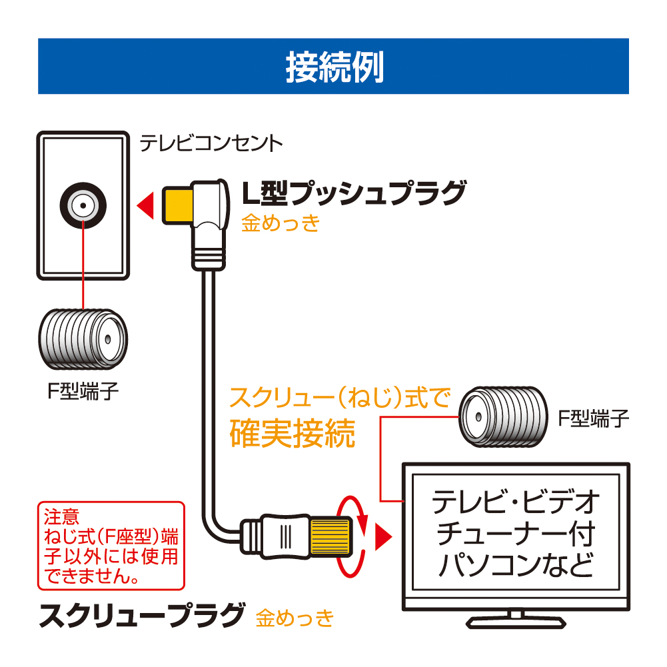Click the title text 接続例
point(334,67)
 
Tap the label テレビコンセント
point(211,143)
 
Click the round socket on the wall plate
point(82,206)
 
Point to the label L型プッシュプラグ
point(352,194)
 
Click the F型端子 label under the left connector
point(82,390)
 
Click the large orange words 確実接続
point(292,434)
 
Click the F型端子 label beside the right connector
point(593,418)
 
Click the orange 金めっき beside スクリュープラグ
point(295,618)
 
